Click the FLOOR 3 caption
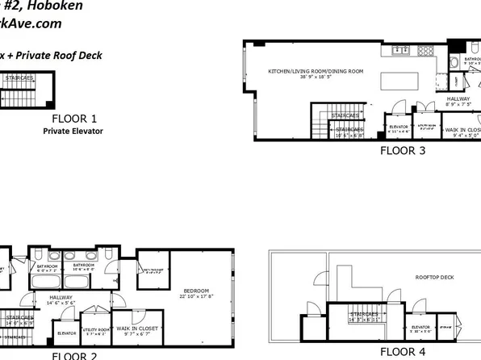pos(408,150)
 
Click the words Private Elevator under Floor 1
pos(73,131)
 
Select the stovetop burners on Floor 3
pos(425,50)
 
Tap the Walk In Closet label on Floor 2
pos(136,330)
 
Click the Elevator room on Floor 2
pos(67,331)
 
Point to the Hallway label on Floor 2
pos(61,298)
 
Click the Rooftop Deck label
pos(433,277)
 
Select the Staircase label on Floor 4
pos(364,316)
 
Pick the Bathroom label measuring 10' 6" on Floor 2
pos(85,267)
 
